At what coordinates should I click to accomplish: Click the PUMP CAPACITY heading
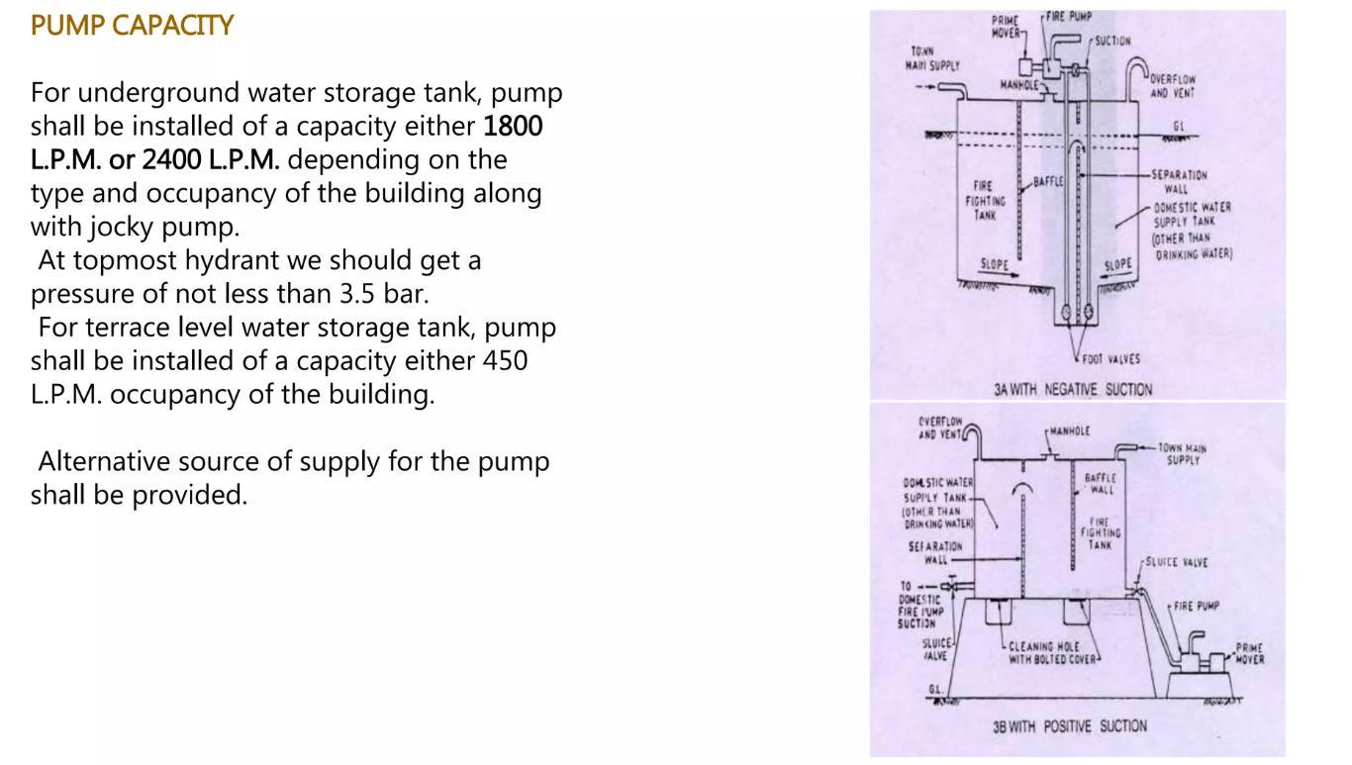pos(132,26)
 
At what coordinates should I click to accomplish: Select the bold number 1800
pos(513,127)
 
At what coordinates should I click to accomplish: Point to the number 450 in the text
pos(505,360)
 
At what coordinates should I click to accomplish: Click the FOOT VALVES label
pos(1111,359)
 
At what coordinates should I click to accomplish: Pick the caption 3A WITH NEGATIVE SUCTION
pos(1073,390)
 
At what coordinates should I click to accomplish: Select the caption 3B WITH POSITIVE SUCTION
pos(1070,726)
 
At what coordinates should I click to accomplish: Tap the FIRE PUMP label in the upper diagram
pos(1069,17)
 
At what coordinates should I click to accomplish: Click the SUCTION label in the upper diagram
pos(1112,42)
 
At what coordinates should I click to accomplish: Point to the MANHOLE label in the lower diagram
pos(1069,431)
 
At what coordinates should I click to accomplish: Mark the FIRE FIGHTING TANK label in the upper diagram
pos(985,200)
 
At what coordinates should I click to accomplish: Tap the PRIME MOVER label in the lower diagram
pos(1249,654)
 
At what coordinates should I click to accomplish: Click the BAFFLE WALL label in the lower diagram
pos(1100,484)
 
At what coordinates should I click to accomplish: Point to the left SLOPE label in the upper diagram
pos(994,264)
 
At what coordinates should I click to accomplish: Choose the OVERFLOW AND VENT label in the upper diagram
pos(1173,86)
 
